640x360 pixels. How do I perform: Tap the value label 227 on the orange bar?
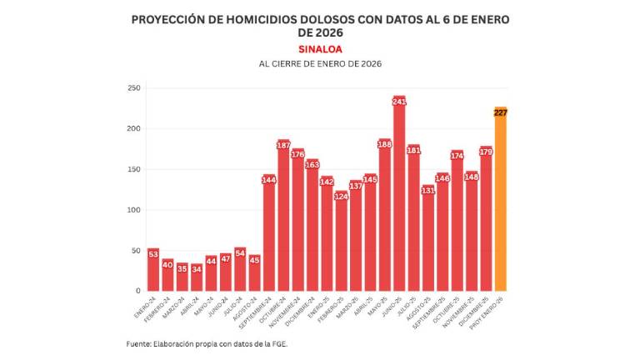[x=501, y=112]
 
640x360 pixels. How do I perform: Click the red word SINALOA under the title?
[x=320, y=49]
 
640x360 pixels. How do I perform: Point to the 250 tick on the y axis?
[x=132, y=87]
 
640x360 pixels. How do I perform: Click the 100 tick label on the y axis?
[x=132, y=210]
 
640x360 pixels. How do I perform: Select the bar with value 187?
[x=283, y=217]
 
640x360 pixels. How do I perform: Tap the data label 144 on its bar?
[x=269, y=180]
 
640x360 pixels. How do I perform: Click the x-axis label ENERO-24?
[x=146, y=305]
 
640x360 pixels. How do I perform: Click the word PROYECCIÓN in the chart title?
[x=171, y=18]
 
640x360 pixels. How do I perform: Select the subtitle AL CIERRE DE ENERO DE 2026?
[x=320, y=64]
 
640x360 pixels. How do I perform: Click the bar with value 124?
[x=342, y=242]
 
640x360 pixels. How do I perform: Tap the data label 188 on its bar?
[x=385, y=144]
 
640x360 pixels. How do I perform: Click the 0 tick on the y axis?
[x=137, y=291]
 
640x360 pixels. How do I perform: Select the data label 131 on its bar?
[x=428, y=190]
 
